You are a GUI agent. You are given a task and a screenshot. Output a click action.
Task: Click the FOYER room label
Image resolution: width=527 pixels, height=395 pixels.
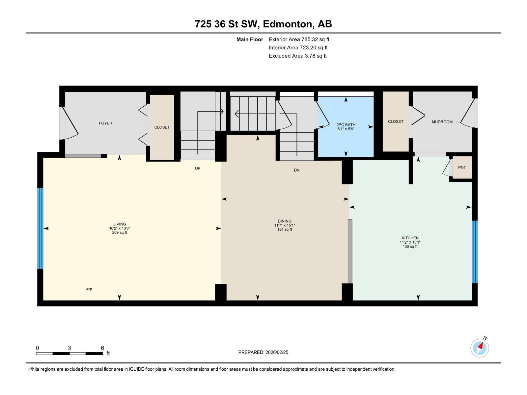(x=105, y=123)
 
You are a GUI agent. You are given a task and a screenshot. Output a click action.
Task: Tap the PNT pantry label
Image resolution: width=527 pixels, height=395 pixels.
(x=462, y=168)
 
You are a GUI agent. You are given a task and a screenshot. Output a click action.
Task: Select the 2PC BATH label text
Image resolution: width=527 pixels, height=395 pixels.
(x=346, y=125)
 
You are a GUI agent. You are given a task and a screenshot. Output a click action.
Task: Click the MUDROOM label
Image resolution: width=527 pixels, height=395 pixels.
(x=442, y=122)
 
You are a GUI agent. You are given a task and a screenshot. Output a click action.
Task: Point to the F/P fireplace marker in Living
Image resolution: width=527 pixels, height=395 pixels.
(x=89, y=290)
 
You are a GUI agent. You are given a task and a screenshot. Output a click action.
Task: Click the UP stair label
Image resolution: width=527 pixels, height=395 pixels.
(x=198, y=169)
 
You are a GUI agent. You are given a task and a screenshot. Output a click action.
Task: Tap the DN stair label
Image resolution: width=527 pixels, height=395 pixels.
(x=297, y=170)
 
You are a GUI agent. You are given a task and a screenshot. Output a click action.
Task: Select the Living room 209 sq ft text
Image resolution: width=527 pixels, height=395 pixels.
(x=120, y=233)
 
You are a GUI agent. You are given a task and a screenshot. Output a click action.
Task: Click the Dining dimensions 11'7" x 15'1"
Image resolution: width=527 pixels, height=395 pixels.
(x=285, y=225)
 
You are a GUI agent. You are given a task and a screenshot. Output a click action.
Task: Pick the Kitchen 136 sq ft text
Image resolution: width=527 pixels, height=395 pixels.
(x=410, y=247)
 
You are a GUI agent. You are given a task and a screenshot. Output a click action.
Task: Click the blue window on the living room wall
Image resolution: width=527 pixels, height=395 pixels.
(x=40, y=228)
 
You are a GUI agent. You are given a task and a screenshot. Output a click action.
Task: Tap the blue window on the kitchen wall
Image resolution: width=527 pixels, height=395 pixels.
(x=475, y=252)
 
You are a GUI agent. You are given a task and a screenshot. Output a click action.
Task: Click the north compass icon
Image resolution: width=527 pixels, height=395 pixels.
(x=480, y=348)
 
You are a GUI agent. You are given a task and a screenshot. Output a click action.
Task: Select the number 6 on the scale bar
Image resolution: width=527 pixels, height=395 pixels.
(x=102, y=348)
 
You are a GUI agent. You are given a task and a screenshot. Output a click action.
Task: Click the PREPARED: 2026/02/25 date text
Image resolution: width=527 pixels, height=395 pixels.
(x=263, y=352)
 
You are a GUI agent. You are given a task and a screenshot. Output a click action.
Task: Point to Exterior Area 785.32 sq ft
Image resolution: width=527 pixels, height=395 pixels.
(x=299, y=39)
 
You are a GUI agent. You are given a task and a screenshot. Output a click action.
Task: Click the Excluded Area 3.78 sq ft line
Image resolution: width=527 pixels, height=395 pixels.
(x=297, y=56)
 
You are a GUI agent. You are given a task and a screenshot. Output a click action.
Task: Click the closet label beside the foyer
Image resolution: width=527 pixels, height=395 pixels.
(x=162, y=127)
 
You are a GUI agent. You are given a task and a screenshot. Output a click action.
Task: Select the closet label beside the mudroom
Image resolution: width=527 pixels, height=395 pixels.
(x=396, y=122)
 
